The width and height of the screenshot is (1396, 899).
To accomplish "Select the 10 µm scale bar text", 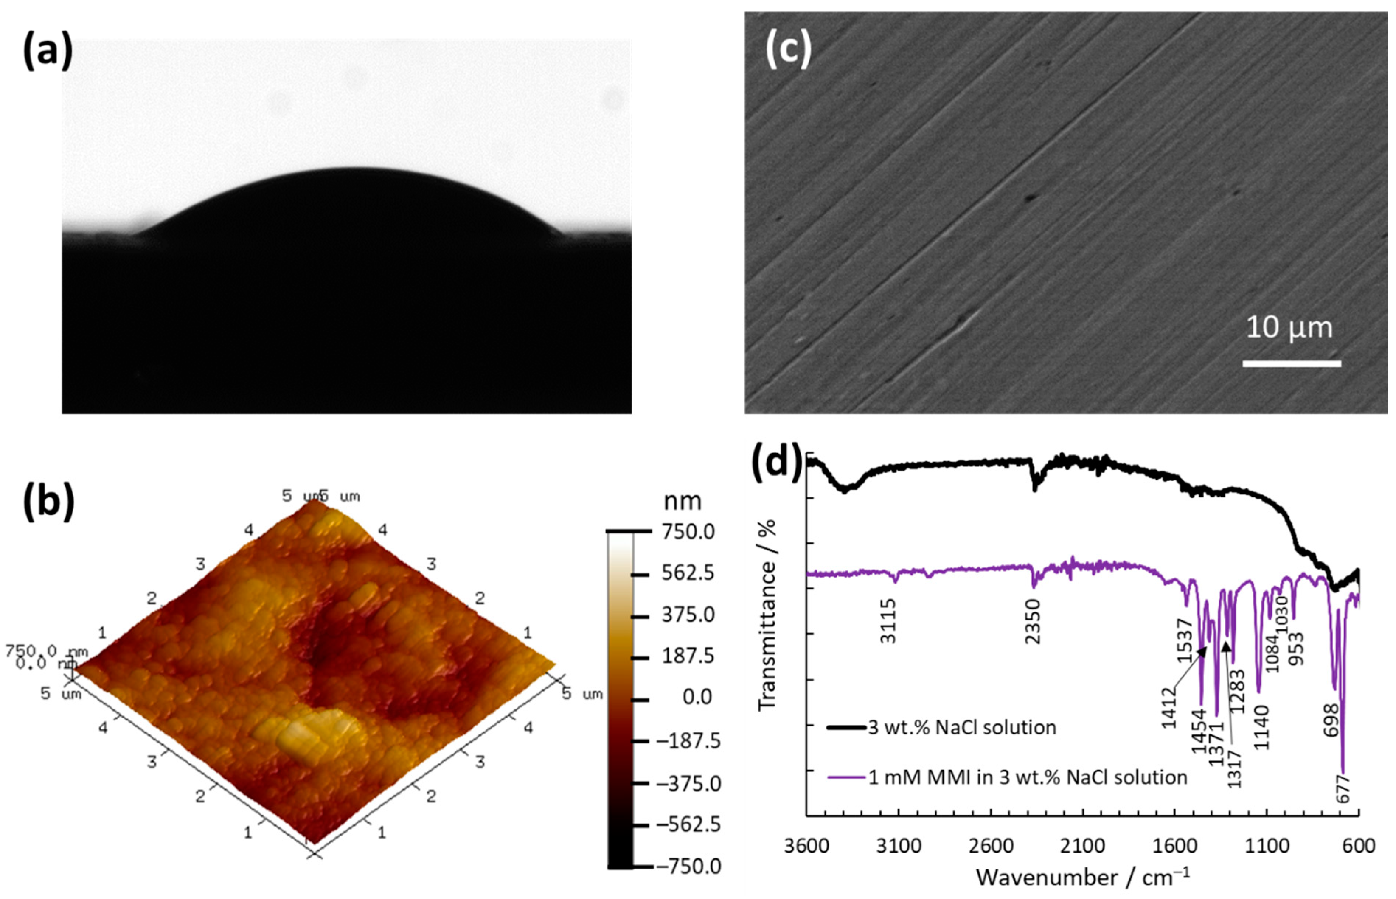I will [1289, 328].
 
